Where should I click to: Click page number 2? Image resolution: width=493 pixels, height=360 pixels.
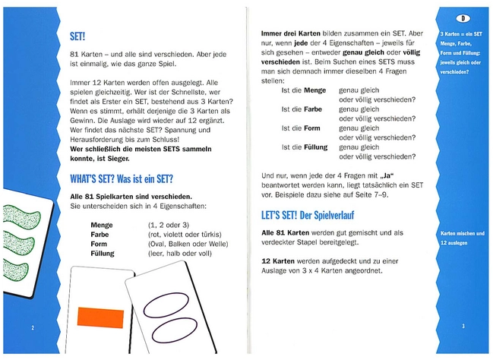coord(33,327)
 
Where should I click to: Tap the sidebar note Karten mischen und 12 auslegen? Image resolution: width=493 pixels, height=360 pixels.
coord(462,238)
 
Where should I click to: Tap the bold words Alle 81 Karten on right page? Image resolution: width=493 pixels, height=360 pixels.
coord(285,232)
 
